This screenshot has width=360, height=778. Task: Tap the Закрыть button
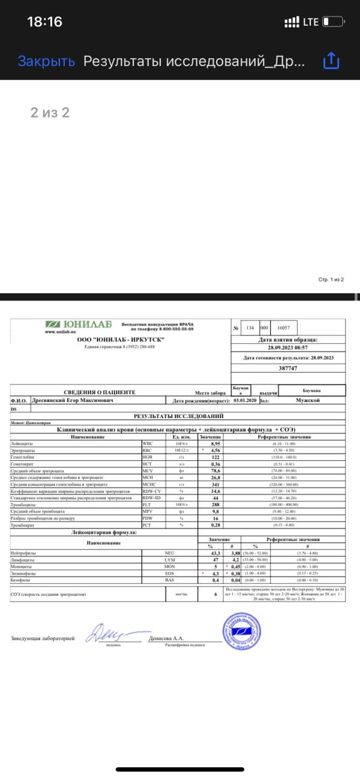[x=46, y=61]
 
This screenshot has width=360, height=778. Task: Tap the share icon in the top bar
[x=332, y=61]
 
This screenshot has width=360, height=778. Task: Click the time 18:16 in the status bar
[x=44, y=22]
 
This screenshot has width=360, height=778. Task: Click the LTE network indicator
[x=311, y=22]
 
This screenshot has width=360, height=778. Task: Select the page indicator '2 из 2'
[x=50, y=112]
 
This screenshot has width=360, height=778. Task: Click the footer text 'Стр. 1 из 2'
[x=331, y=280]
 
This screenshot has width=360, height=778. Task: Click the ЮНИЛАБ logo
[x=79, y=325]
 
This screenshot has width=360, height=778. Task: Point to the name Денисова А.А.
[x=165, y=639]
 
